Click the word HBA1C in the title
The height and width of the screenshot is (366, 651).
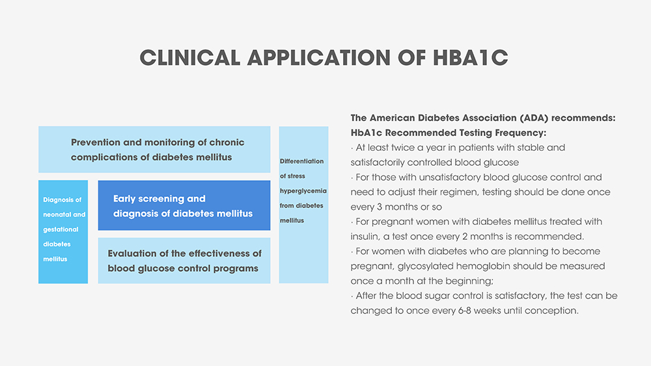tap(470, 58)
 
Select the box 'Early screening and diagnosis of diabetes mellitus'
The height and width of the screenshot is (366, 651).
tap(184, 205)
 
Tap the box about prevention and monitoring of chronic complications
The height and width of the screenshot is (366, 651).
tap(154, 150)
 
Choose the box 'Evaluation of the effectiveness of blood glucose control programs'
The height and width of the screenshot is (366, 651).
tap(184, 261)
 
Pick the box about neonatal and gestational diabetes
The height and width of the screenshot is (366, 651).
tap(63, 231)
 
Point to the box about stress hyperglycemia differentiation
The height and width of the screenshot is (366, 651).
tap(303, 205)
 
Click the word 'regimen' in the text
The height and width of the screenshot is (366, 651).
tap(454, 192)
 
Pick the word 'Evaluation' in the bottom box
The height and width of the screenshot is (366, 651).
tap(133, 254)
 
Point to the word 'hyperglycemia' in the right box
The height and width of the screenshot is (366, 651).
tap(303, 190)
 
